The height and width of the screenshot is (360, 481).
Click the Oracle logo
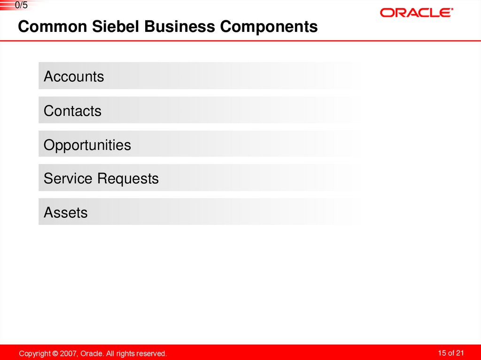pyautogui.click(x=416, y=13)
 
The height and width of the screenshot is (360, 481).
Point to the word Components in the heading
pyautogui.click(x=269, y=27)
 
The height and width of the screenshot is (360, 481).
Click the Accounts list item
pyautogui.click(x=74, y=77)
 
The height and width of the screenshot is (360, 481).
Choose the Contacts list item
pyautogui.click(x=72, y=111)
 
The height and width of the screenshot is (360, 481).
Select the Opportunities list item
pyautogui.click(x=87, y=145)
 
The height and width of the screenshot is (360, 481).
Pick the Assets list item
pyautogui.click(x=65, y=213)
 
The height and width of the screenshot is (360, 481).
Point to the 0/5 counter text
pyautogui.click(x=22, y=6)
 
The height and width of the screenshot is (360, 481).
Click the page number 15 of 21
pyautogui.click(x=451, y=353)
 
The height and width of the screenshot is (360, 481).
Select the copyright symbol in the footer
pyautogui.click(x=55, y=353)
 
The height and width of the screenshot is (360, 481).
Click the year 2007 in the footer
pyautogui.click(x=68, y=353)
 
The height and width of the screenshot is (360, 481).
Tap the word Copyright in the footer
pyautogui.click(x=35, y=353)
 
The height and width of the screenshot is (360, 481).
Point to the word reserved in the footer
pyautogui.click(x=151, y=353)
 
